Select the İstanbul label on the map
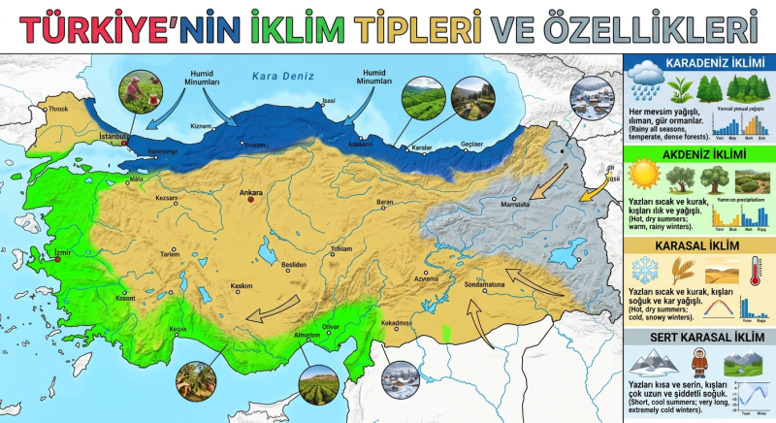[114, 137]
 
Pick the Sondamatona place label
[484, 284]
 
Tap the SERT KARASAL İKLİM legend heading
[697, 338]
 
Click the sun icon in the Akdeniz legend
[643, 176]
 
